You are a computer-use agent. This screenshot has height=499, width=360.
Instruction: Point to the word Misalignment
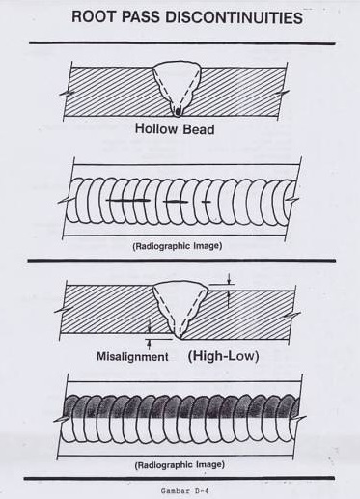132,356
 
